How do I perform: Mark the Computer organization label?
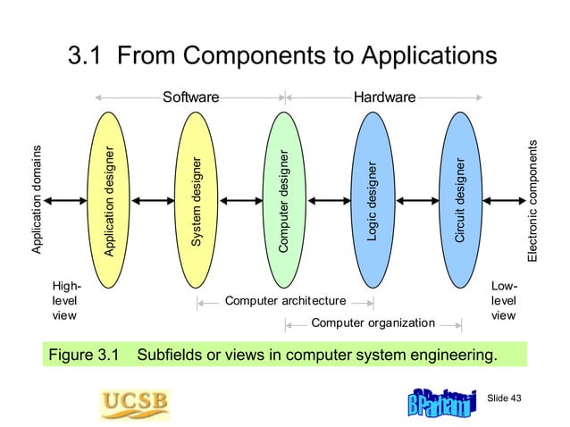pos(373,322)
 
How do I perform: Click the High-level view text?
pos(66,301)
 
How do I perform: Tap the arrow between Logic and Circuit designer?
pos(415,200)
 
